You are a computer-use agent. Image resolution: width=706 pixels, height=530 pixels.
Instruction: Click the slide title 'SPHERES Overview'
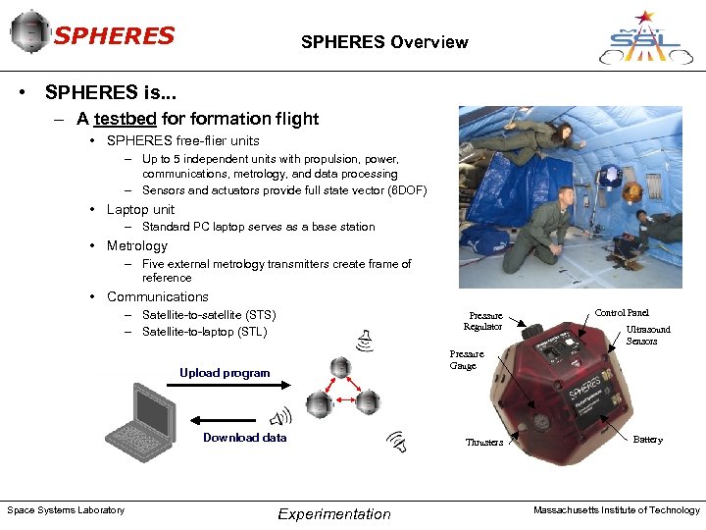384,42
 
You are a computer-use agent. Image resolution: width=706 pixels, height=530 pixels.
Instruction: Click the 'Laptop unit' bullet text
140,209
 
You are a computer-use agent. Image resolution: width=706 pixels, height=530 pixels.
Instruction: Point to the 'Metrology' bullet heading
136,245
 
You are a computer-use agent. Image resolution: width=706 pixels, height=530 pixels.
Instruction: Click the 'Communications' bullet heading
157,296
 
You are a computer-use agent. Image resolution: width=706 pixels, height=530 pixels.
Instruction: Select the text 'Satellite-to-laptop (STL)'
203,332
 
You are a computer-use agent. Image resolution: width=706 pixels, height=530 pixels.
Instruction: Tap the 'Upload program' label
225,373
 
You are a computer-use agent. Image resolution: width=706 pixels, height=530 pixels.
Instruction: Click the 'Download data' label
244,438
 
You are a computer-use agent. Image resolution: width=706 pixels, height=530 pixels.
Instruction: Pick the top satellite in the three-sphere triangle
340,368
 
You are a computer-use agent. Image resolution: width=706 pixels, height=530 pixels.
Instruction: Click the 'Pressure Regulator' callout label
483,321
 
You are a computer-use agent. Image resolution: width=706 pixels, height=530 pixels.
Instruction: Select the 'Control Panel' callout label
622,312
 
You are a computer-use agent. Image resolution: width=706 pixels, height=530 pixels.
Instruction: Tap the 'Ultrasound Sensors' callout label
647,335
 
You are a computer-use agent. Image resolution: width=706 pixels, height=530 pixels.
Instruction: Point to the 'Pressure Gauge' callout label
464,359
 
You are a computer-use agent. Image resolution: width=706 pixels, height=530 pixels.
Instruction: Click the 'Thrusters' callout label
484,442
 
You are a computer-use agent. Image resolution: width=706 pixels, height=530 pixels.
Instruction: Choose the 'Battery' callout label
647,440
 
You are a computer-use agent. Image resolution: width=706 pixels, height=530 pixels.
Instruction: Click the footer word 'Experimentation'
333,514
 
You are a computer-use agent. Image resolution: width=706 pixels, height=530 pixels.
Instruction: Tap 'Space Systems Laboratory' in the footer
66,509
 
